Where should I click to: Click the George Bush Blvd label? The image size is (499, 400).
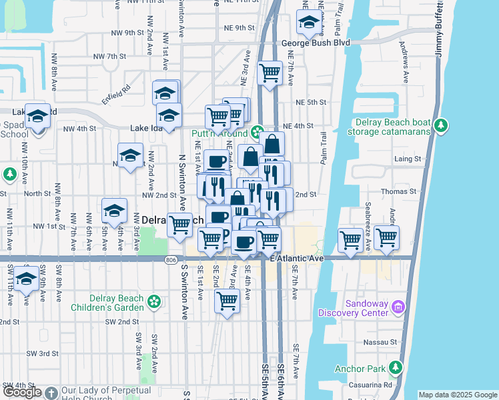(316, 43)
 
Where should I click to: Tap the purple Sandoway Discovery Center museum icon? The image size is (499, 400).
(399, 307)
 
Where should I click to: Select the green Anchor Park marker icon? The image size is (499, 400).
(396, 367)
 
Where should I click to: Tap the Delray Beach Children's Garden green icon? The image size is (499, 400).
(154, 301)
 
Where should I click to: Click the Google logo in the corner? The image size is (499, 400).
(22, 392)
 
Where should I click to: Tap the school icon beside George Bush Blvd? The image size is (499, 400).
(308, 25)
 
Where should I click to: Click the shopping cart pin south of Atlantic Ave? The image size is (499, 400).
(227, 301)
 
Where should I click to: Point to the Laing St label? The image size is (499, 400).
(408, 159)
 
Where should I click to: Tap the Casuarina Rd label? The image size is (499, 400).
(369, 385)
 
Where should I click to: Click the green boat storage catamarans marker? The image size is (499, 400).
(440, 125)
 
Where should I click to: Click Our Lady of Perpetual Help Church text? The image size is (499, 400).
(109, 393)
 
